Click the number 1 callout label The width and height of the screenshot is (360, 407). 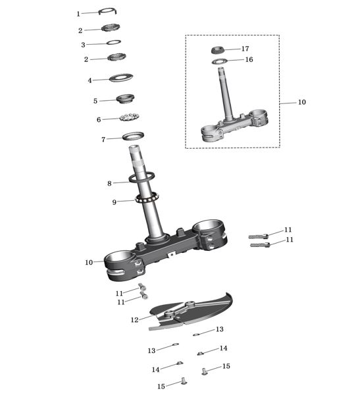point(78,14)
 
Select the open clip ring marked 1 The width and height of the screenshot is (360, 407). point(108,10)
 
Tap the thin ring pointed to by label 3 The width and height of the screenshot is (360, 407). point(114,42)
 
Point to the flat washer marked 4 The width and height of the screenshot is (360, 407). point(121,78)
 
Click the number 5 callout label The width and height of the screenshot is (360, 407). point(95,101)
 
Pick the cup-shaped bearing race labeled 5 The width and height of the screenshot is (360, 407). point(125,99)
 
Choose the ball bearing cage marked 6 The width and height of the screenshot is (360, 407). point(130,117)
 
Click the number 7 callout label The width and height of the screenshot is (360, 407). point(103,140)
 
